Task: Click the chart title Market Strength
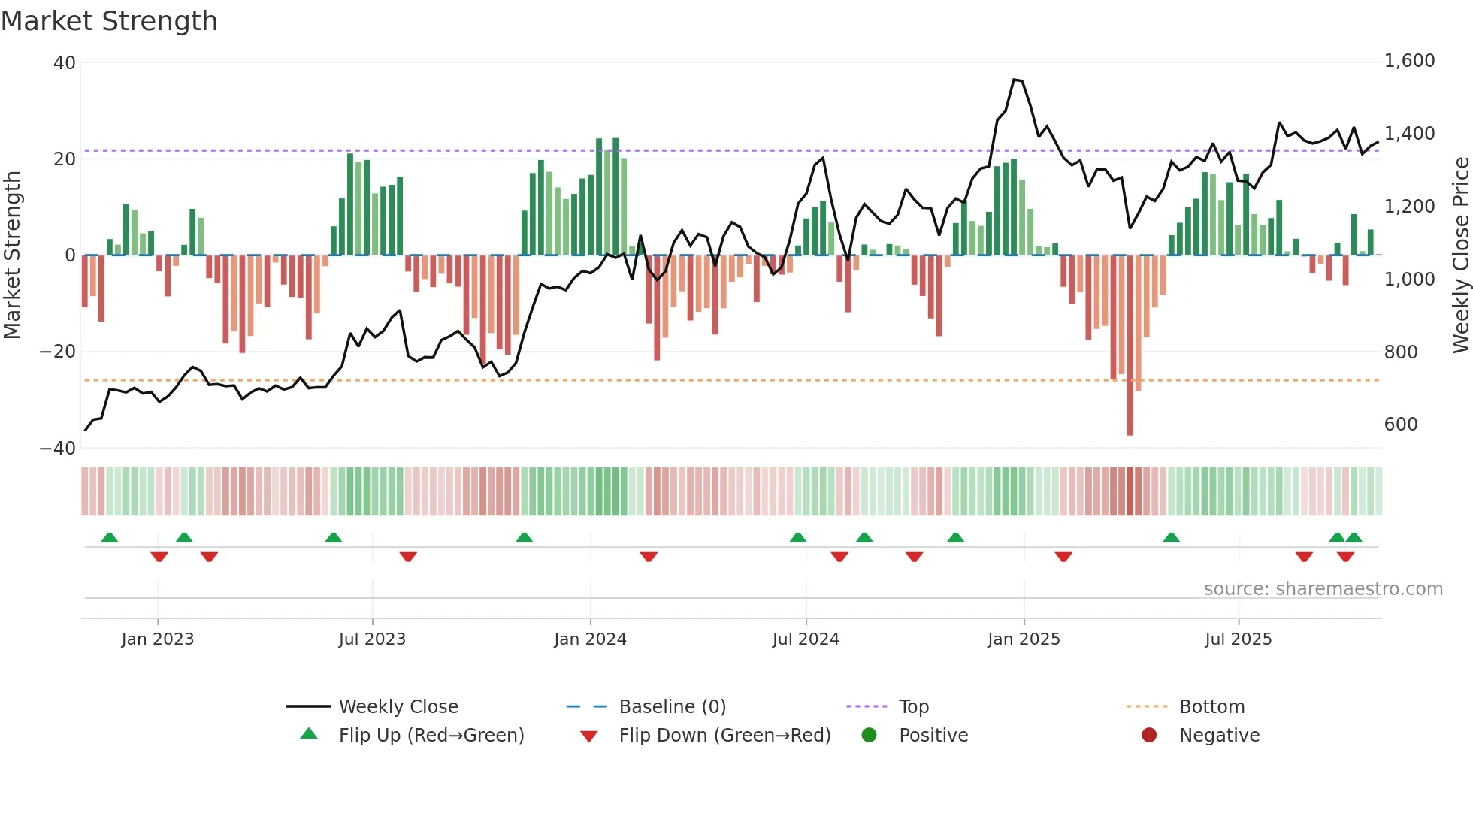coord(109,21)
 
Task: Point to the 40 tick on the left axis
coord(65,63)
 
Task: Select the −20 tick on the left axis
coord(58,352)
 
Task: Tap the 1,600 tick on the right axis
coord(1409,61)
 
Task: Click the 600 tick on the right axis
coord(1400,425)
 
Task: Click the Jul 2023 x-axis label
coord(372,639)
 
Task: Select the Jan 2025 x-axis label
coord(1023,639)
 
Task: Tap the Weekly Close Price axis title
coord(1460,255)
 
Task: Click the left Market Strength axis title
coord(12,255)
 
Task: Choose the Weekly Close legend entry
coord(398,707)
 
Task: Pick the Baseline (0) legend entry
coord(672,707)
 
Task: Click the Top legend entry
coord(913,707)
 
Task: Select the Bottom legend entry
coord(1211,707)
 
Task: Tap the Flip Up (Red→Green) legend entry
coord(431,736)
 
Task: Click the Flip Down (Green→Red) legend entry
coord(724,736)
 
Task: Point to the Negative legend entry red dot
coord(1149,736)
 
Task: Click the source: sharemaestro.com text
coord(1323,589)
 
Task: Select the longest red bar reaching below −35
coord(1130,346)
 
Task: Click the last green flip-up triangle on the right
coord(1354,538)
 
